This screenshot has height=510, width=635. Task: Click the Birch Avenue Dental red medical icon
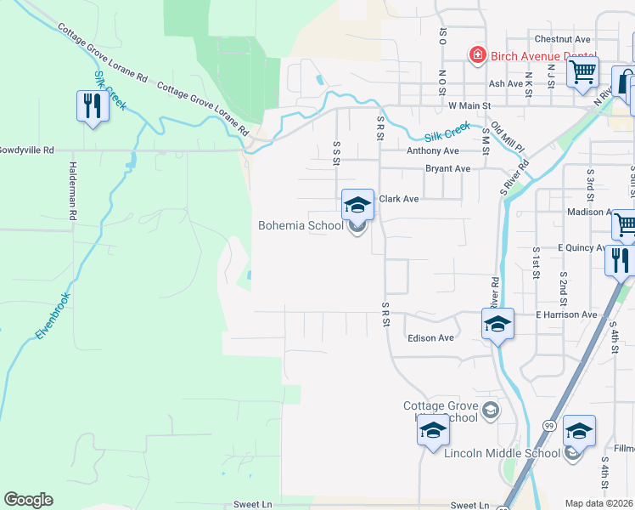tap(478, 55)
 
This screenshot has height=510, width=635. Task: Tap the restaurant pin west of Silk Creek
tap(93, 106)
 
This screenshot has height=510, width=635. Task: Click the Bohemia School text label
tap(301, 225)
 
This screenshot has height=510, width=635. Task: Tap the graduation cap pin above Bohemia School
tap(358, 205)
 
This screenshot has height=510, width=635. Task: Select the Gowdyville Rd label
tap(25, 150)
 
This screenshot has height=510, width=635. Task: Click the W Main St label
tap(469, 105)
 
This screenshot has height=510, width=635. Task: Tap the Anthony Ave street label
tap(432, 150)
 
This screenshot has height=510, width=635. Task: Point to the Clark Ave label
tap(399, 199)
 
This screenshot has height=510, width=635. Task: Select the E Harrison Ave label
tap(566, 314)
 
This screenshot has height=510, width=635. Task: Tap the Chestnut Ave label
tap(562, 39)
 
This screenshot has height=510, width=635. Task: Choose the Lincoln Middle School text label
tap(502, 453)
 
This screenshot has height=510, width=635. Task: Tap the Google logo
tap(28, 500)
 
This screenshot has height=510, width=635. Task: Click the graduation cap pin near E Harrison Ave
tap(498, 325)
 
